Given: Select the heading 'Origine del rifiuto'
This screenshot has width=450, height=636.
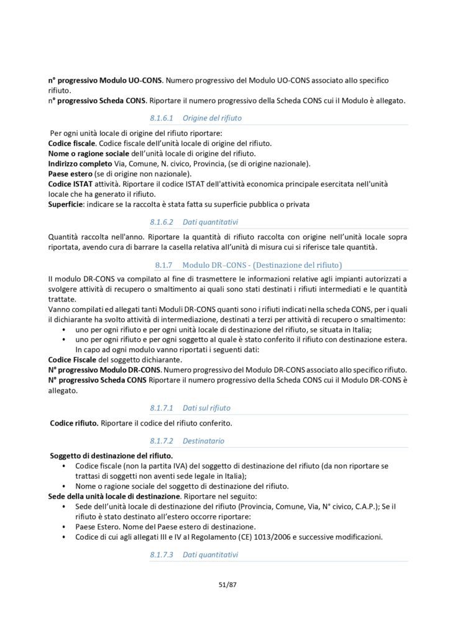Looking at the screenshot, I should tap(212, 117).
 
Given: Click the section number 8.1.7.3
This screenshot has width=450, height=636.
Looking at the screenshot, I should tap(164, 553).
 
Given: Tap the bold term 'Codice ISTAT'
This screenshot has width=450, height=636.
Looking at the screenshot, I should tap(70, 184).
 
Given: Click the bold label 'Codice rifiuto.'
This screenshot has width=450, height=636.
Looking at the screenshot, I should tap(74, 424).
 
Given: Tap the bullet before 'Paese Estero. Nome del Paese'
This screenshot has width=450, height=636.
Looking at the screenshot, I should tap(67, 527).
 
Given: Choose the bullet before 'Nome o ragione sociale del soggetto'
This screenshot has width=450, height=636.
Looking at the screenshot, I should tap(67, 486).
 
